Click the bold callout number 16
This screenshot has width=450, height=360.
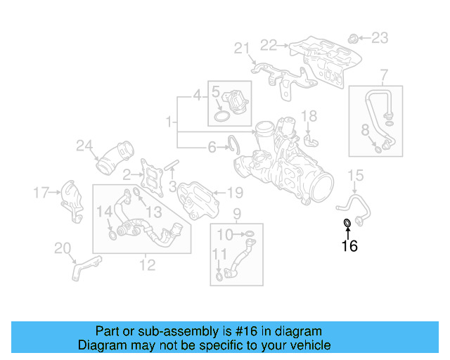(349, 246)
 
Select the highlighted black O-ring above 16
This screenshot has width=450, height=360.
(347, 224)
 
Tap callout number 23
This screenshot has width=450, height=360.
(379, 37)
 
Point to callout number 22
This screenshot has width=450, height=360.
(269, 45)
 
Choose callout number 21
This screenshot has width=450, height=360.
(243, 49)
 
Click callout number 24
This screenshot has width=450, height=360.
(84, 146)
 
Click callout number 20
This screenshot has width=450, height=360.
(63, 247)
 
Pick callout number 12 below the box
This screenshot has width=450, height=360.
(147, 265)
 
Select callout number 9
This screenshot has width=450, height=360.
(237, 213)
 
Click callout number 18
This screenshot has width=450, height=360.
(309, 115)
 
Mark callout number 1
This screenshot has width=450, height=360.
(168, 123)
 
